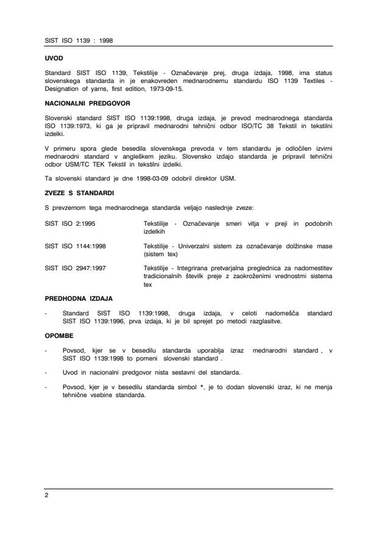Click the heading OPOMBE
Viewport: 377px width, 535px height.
tap(58, 335)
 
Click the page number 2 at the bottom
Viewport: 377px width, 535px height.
tap(47, 495)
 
